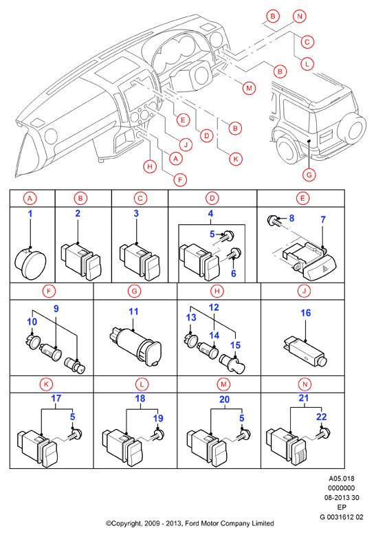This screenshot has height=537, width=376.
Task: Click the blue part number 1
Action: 30,214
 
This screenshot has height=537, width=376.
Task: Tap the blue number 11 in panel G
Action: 133,311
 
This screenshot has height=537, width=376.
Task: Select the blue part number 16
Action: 306,313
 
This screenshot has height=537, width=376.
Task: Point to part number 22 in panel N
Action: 321,417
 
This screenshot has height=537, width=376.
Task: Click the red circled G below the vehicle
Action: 309,175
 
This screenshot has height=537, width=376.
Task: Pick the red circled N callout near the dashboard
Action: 300,16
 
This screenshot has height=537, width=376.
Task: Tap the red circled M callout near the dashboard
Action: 249,88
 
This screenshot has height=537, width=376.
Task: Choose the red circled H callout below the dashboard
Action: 150,167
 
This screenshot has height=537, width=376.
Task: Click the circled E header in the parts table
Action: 302,198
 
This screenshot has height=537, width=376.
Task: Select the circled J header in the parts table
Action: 304,292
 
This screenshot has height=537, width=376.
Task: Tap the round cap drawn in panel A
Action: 30,265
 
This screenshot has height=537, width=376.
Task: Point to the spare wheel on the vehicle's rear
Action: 351,128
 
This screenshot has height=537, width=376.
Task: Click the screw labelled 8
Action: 274,221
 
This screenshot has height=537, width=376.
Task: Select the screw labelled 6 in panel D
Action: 235,254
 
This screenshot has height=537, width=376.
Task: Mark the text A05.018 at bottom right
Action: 342,479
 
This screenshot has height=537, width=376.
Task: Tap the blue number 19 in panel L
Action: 158,418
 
